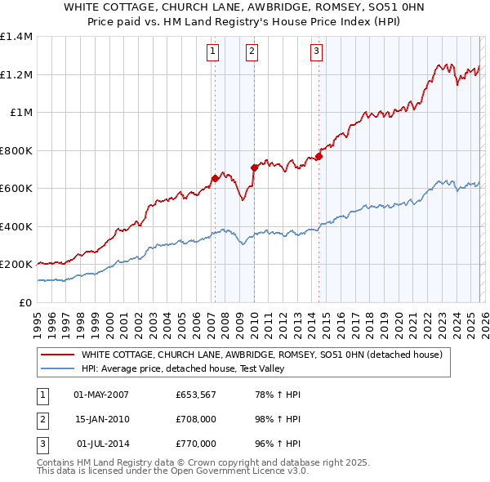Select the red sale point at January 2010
(x=254, y=167)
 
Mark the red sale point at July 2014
(x=318, y=156)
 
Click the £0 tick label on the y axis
(x=25, y=302)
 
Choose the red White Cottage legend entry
(x=261, y=355)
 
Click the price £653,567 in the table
(x=195, y=395)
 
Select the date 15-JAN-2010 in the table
(x=101, y=419)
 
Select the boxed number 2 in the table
(x=42, y=419)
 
